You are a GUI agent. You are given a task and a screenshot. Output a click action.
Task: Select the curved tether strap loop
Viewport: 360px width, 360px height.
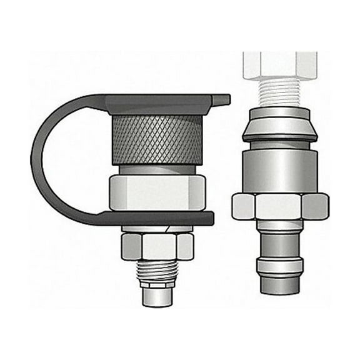[44, 156]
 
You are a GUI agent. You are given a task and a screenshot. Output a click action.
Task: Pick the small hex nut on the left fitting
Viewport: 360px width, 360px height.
[157, 245]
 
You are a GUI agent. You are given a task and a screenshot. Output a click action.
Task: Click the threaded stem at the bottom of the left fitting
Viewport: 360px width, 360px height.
[157, 272]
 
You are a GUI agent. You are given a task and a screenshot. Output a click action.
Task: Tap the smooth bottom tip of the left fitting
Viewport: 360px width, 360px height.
[157, 296]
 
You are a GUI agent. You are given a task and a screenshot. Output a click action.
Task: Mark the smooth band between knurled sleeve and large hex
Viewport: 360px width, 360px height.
[157, 169]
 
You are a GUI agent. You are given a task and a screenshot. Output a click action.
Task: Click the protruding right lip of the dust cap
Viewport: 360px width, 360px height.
[221, 99]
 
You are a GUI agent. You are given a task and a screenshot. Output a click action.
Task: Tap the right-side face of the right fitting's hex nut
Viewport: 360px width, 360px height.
[316, 206]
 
